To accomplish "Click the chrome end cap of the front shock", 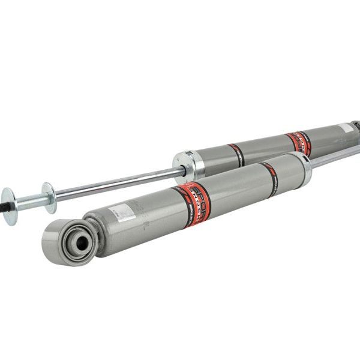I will tap(305, 167).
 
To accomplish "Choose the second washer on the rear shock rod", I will tap(49, 197).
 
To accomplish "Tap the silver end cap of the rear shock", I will tap(186, 164).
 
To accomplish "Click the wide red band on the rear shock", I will tap(298, 143).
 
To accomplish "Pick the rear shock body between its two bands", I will tap(264, 148).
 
